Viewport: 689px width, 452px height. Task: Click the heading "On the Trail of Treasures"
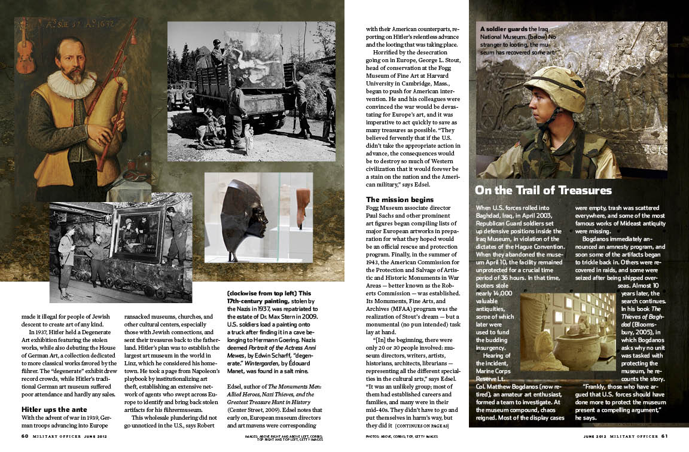543,190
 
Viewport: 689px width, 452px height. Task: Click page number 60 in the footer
25,436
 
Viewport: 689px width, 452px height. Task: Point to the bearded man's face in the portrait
71,60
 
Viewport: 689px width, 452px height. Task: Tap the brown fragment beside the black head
303,206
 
